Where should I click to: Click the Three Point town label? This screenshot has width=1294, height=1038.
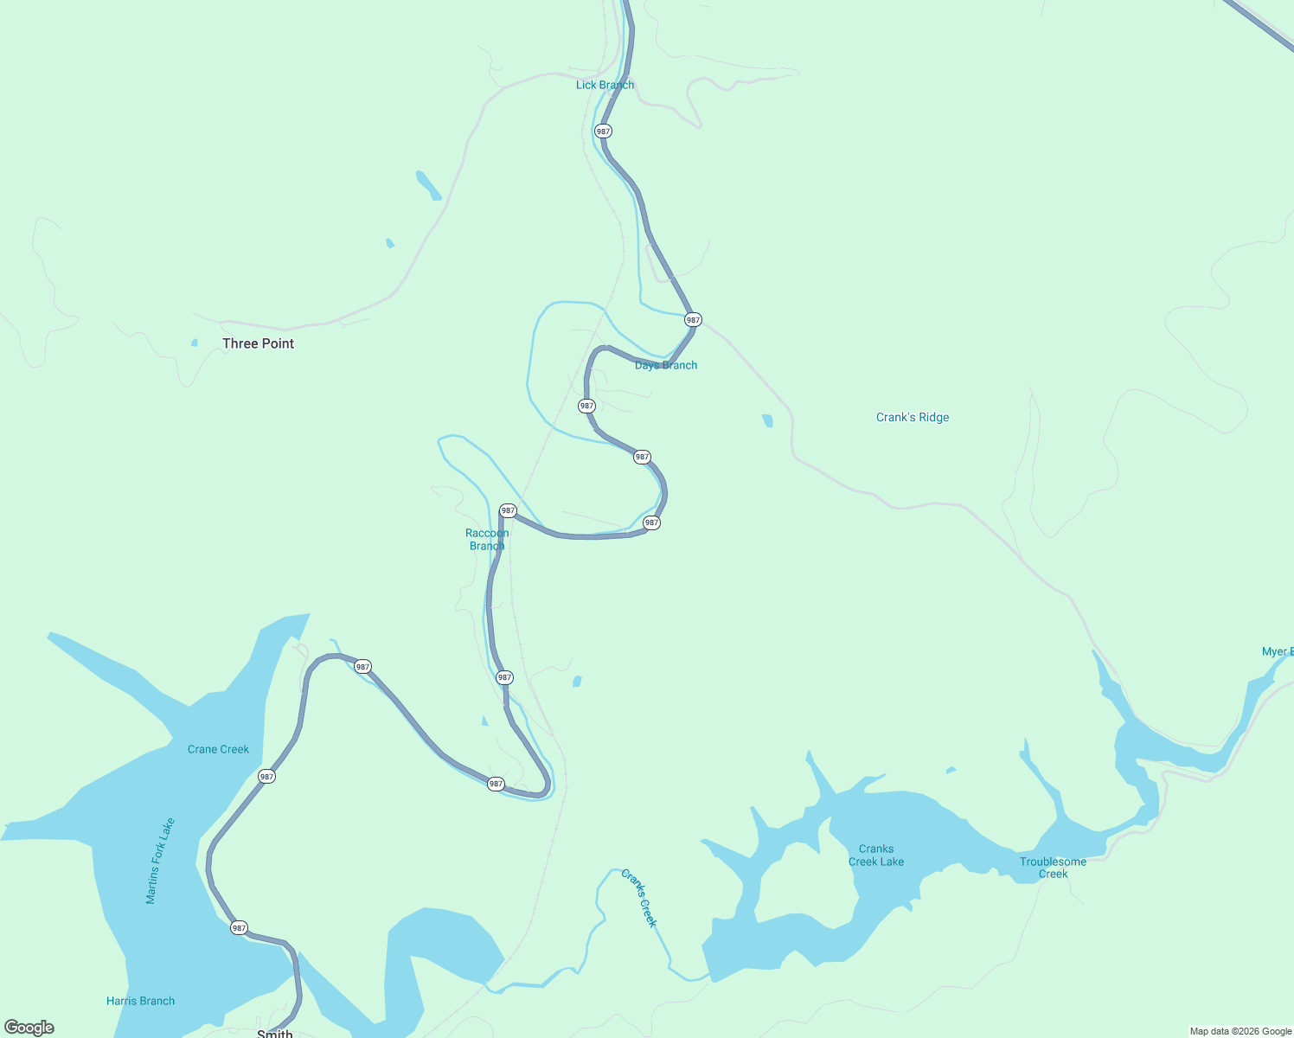click(x=258, y=343)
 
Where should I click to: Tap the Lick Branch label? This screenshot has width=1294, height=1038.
click(x=605, y=85)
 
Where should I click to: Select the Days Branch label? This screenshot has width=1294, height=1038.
click(x=666, y=365)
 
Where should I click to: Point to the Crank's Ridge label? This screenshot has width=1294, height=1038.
click(x=913, y=417)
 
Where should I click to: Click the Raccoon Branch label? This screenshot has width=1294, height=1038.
click(x=487, y=539)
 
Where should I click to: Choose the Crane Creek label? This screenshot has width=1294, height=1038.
click(x=218, y=749)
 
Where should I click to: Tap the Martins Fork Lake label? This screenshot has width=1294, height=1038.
click(x=160, y=861)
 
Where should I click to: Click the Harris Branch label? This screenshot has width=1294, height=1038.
click(x=140, y=1001)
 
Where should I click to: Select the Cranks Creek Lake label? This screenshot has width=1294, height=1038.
click(x=876, y=855)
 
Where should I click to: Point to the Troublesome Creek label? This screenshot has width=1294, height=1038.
click(x=1053, y=868)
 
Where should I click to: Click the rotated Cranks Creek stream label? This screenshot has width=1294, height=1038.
click(x=639, y=898)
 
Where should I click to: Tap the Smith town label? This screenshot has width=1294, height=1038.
click(x=275, y=1033)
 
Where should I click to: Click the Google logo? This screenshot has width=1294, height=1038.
click(x=29, y=1028)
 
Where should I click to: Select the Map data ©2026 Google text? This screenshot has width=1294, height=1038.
click(x=1240, y=1031)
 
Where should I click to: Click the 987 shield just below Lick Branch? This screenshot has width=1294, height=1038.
click(x=603, y=131)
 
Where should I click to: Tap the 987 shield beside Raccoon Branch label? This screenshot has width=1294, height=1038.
click(x=508, y=510)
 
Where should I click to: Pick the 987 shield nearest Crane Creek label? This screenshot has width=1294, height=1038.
click(x=266, y=777)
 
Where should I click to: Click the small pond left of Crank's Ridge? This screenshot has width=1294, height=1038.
click(x=767, y=421)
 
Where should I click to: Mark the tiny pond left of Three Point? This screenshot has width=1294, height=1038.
click(x=195, y=343)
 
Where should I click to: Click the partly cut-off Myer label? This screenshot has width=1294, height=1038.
click(x=1277, y=651)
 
